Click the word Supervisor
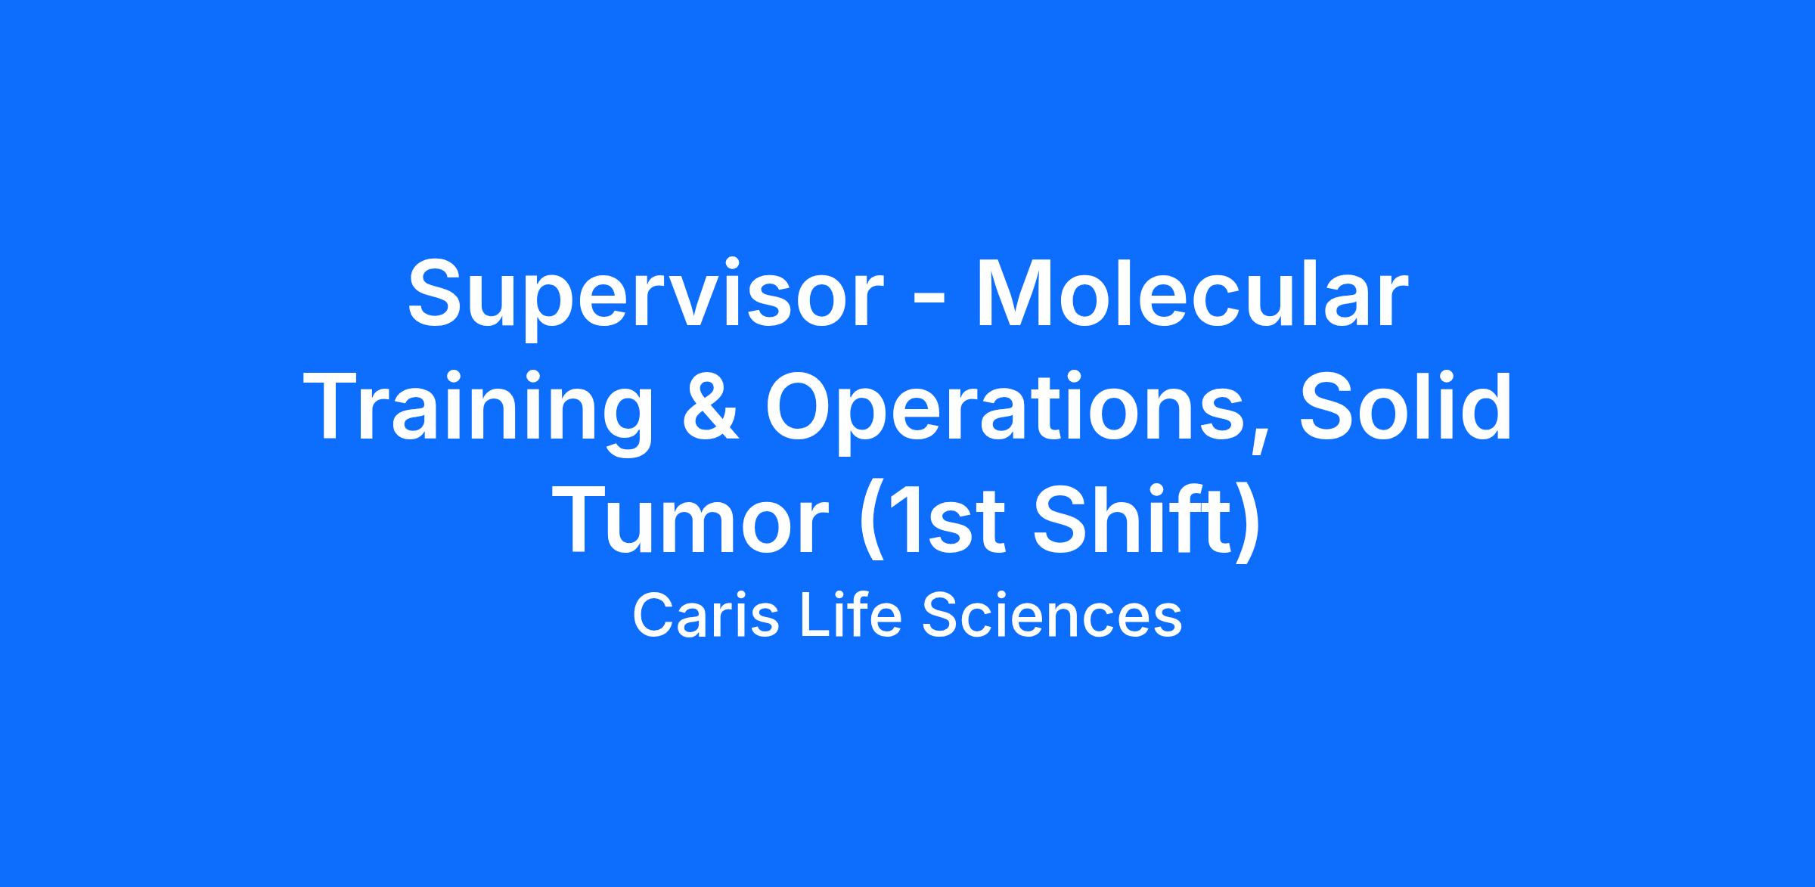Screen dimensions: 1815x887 [646, 296]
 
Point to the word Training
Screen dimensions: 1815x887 [482, 412]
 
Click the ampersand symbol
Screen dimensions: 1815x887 [711, 409]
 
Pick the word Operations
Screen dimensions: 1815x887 [1005, 412]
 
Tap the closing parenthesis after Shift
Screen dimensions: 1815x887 [1247, 525]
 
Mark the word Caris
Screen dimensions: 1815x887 [705, 616]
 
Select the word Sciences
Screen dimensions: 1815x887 [1051, 616]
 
